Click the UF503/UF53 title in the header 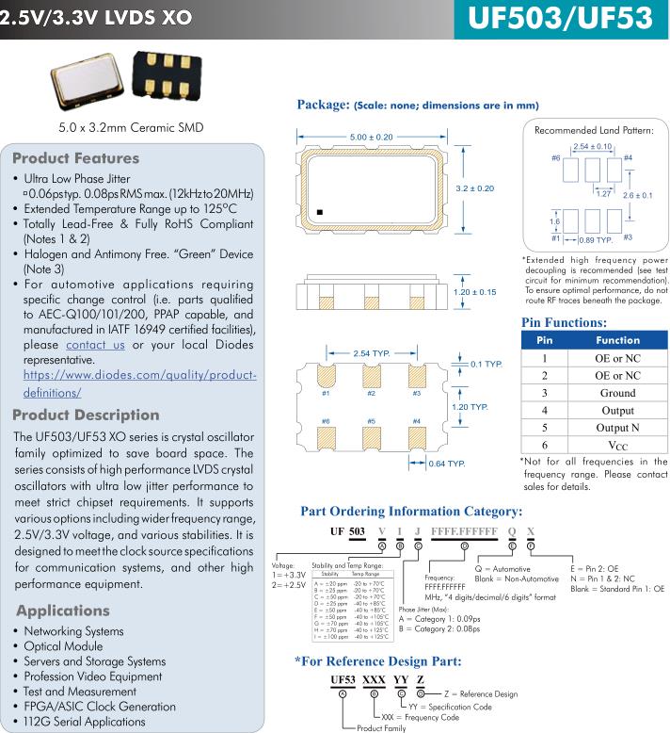tap(560, 19)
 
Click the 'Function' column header tap(617, 339)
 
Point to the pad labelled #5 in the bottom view tap(372, 438)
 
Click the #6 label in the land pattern tap(556, 157)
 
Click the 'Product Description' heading tap(87, 415)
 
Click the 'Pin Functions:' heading tap(563, 322)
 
